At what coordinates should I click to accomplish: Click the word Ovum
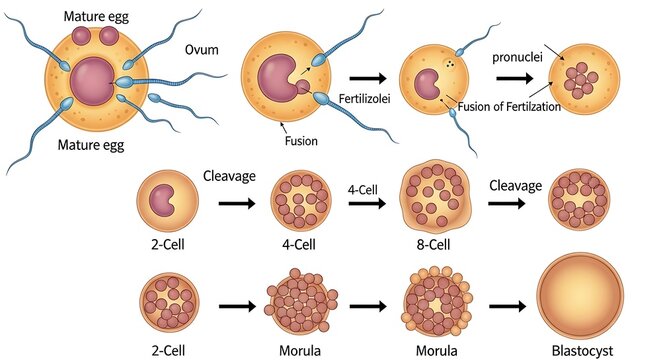coord(202,50)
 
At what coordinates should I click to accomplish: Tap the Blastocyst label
coord(580,350)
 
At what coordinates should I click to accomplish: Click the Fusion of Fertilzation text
coord(508,106)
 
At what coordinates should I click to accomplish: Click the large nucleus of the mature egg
coord(92,81)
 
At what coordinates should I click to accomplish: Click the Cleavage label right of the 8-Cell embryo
coord(515,186)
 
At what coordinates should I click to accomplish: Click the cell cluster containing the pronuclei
coord(580,75)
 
